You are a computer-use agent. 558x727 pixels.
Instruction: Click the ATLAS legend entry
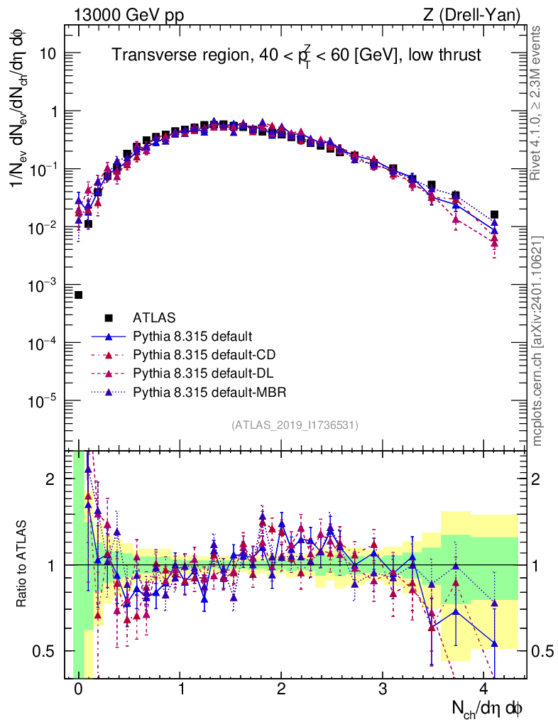point(155,317)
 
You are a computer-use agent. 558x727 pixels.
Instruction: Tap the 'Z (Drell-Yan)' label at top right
point(479,15)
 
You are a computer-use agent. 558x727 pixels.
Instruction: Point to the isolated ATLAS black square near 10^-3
point(78,295)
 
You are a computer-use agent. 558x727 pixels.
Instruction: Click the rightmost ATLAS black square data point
point(495,214)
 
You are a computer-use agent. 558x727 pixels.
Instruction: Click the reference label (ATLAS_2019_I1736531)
point(295,425)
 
